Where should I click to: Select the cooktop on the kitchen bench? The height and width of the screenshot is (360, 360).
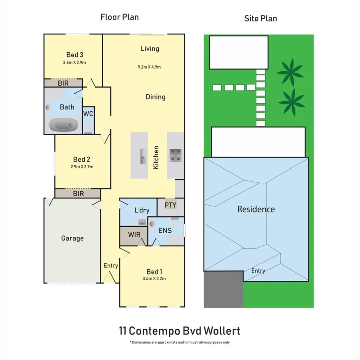[x=176, y=155]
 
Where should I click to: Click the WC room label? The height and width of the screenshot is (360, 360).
[x=88, y=114]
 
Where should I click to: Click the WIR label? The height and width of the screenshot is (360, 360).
[x=134, y=234]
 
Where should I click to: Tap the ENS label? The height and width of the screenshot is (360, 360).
[x=165, y=230]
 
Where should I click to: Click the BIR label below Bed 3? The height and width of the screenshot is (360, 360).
[x=63, y=83]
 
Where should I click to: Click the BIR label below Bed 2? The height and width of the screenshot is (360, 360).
[x=78, y=194]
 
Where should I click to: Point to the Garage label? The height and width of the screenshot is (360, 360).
[x=72, y=238]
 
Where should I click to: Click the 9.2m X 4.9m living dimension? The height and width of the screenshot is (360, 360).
[x=149, y=67]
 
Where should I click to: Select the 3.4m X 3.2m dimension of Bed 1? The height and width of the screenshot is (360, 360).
[x=154, y=279]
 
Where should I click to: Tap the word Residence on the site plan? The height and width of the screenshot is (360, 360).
[x=256, y=209]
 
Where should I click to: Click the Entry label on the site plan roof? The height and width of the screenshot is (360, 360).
[x=258, y=271]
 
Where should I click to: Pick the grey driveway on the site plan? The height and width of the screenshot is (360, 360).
[x=223, y=290]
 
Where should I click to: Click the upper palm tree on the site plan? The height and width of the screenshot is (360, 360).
[x=291, y=72]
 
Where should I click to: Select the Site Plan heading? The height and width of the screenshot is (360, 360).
[x=260, y=18]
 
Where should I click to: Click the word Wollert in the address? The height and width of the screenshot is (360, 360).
[x=222, y=331]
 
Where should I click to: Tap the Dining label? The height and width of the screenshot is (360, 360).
[x=155, y=97]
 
